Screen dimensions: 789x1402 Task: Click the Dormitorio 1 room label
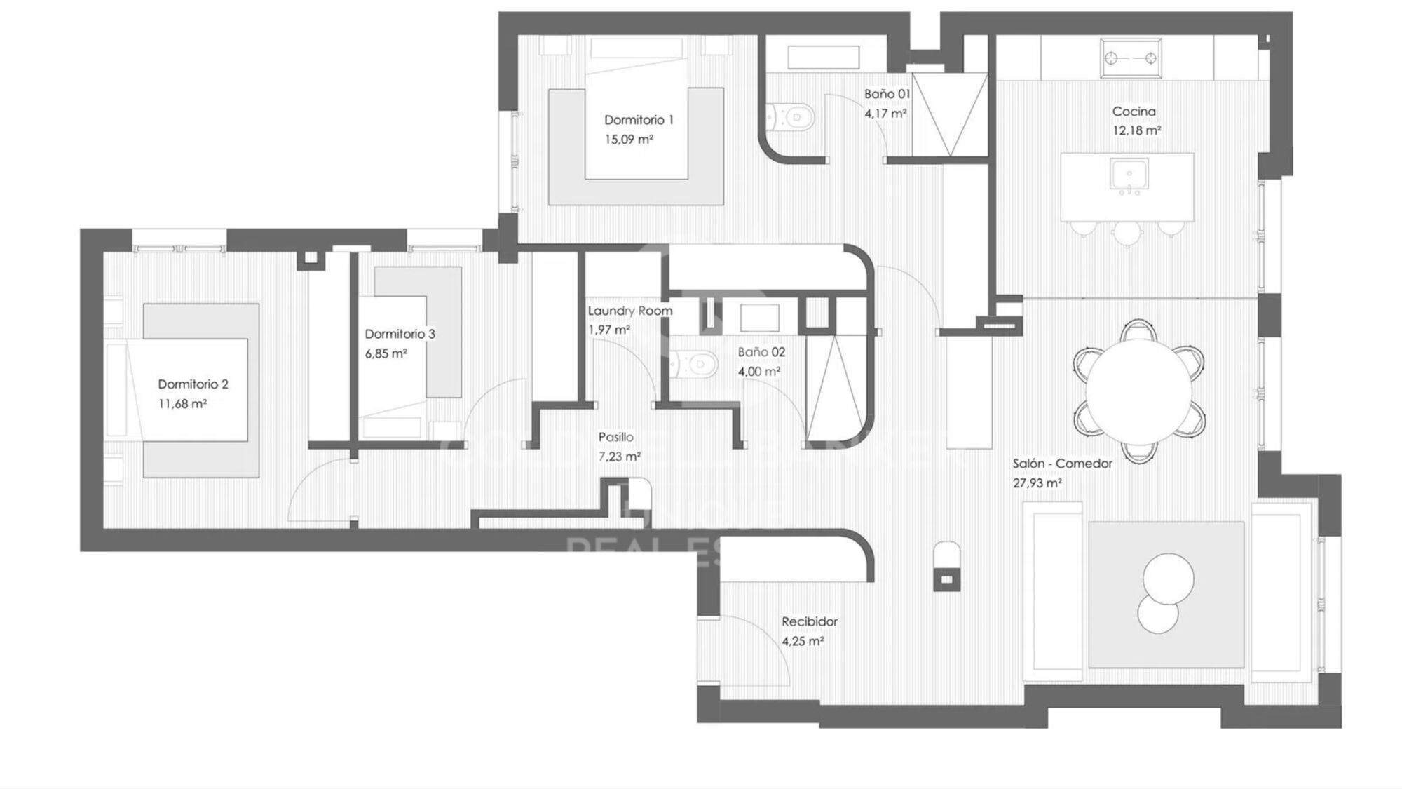pos(639,120)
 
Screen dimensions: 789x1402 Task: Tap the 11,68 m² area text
pos(182,404)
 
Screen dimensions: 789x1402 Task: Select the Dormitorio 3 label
pos(400,334)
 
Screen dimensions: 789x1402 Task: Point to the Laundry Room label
pos(629,311)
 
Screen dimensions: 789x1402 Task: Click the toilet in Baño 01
pos(791,116)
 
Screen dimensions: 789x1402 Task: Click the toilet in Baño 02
pos(694,363)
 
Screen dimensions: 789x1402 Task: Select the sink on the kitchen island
pos(1129,173)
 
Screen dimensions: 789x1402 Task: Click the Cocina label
pos(1134,111)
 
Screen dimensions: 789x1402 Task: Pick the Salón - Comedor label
pos(1062,464)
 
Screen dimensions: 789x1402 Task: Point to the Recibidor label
pos(810,621)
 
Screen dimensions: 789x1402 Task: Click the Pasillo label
pos(615,437)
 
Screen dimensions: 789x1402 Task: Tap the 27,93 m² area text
pos(1037,483)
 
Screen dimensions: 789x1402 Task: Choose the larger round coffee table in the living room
pos(1168,578)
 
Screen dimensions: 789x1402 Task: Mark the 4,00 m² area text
pos(759,372)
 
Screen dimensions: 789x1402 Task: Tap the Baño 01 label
pos(887,94)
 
